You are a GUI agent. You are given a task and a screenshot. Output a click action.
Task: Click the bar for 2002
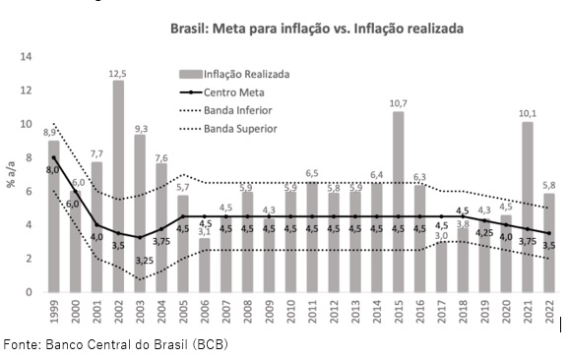(118, 186)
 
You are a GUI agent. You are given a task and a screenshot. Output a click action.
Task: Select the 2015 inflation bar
(398, 202)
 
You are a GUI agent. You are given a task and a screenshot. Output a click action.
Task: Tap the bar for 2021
(528, 207)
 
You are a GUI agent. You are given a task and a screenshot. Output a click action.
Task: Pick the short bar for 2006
(205, 265)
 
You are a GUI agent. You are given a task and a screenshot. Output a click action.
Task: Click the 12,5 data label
(118, 74)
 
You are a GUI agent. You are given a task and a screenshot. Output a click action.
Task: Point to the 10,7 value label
(398, 103)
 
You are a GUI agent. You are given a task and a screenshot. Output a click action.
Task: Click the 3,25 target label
(145, 261)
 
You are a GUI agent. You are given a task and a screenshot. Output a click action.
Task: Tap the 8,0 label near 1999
(52, 169)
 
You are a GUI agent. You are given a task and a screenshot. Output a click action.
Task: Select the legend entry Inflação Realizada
(234, 75)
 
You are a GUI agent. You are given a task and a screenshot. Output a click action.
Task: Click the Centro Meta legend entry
(222, 92)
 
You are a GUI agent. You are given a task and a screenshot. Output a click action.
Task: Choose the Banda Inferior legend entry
(225, 110)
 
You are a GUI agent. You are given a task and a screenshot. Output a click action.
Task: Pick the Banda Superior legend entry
(228, 129)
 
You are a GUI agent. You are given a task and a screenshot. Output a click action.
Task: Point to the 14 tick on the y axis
(26, 56)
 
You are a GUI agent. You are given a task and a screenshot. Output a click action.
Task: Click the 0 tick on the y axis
(29, 292)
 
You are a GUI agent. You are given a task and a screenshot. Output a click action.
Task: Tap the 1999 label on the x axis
(54, 312)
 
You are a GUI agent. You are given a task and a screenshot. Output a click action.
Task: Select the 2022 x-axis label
(549, 312)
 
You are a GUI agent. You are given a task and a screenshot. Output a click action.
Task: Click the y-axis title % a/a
(11, 174)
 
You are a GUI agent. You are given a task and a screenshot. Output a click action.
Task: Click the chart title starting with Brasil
(317, 29)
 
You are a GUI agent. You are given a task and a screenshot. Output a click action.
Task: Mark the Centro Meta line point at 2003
(140, 237)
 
